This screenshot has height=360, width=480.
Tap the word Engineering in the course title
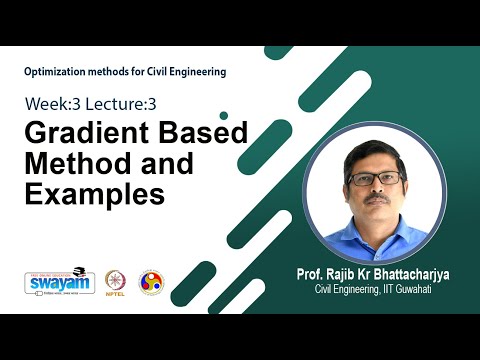tap(193, 72)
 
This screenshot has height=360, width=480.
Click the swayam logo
tap(52, 282)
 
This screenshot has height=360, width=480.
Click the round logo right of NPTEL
tap(152, 281)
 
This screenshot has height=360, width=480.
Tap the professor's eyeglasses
tap(375, 179)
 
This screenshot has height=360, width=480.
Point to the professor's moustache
tap(376, 200)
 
